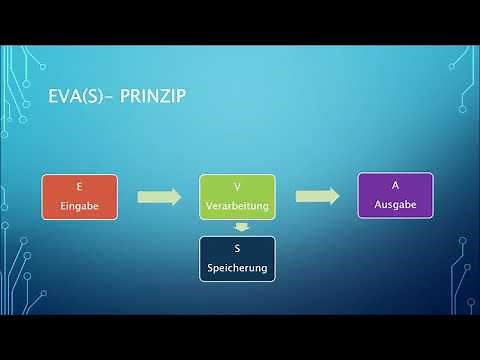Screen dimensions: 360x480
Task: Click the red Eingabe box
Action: [x=79, y=197]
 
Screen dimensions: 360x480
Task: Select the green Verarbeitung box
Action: [x=236, y=197]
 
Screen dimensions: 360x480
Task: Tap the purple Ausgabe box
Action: [x=395, y=196]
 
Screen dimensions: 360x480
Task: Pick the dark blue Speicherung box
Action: [x=236, y=259]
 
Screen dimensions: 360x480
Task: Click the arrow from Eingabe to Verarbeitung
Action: [x=158, y=197]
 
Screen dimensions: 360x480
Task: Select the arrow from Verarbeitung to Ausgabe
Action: [x=315, y=196]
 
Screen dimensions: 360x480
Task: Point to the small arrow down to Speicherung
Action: [x=236, y=228]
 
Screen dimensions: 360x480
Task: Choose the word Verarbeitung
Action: [x=236, y=207]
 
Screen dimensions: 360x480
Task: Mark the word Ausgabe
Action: [x=395, y=205]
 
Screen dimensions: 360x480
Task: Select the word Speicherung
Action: [x=236, y=269]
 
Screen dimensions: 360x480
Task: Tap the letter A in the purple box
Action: [x=395, y=187]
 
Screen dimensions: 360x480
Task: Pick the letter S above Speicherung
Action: [x=236, y=249]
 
